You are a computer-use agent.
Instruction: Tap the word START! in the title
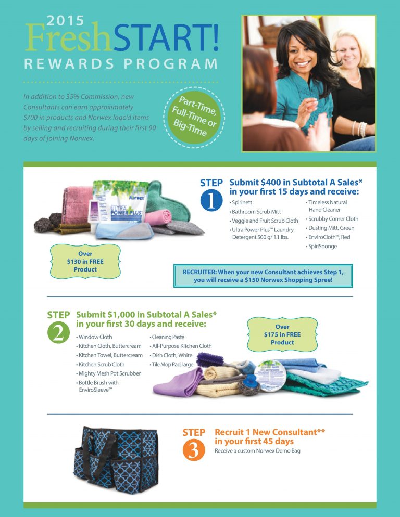coord(165,40)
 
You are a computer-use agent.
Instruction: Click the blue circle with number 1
coord(211,202)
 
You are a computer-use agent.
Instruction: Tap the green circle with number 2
coord(58,333)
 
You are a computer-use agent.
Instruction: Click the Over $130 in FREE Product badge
coord(85,262)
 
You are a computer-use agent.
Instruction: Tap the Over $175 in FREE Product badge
coord(282,334)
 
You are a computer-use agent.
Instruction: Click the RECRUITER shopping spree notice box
coord(262,275)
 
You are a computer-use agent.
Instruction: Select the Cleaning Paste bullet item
coord(167,337)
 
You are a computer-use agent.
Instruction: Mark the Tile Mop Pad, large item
coord(172,364)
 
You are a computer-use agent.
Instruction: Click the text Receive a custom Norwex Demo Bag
coord(257,450)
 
